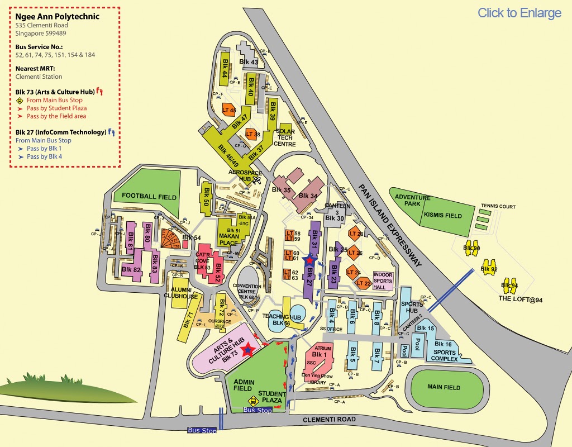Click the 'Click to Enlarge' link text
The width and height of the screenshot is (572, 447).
coord(519,13)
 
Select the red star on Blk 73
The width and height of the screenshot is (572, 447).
coord(248,350)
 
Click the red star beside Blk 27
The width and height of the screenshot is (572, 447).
coord(309,260)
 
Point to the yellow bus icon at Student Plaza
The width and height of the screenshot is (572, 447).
coord(254,400)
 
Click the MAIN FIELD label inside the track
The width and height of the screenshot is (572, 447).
coord(444,387)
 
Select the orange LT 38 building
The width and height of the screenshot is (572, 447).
coord(253,134)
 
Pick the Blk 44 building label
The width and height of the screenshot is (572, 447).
coord(225,66)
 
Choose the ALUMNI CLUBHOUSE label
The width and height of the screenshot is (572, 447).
coord(184,293)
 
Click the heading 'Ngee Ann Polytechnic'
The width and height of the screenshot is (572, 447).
coord(58,16)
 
